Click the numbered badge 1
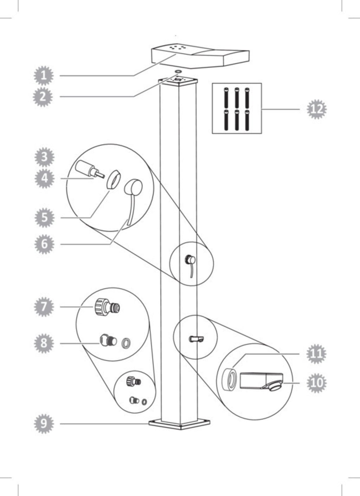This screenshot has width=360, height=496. point(44,76)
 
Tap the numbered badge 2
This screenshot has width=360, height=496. point(43,97)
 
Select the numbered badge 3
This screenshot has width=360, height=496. point(44,157)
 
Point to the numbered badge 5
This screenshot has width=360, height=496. point(44,218)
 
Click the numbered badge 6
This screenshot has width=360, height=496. point(44,244)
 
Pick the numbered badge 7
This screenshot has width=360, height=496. point(44,307)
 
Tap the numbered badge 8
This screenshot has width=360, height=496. point(44,343)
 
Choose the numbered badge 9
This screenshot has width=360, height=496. point(44,424)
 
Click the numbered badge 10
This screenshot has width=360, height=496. point(316,383)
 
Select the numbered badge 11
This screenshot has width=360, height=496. point(316,354)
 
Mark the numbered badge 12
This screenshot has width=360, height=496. point(317,109)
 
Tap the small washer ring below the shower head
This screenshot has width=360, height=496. point(178,72)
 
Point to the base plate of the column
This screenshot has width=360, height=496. point(179,424)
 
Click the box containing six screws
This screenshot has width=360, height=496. point(237,108)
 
